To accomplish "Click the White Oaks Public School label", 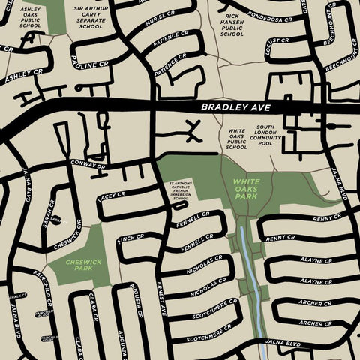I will click(236, 139).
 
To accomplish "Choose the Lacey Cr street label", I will click(111, 198).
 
